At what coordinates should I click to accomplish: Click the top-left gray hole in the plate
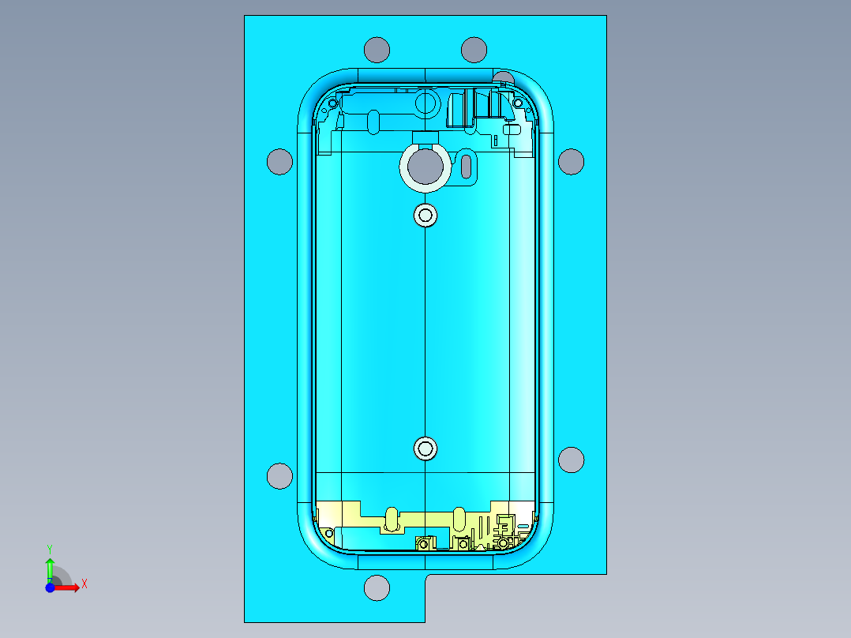pos(377,50)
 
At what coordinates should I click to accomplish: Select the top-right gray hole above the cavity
pos(474,50)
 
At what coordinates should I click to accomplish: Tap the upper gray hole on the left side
pos(279,161)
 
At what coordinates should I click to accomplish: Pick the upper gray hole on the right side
pos(571,161)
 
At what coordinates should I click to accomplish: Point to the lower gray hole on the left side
pos(280,476)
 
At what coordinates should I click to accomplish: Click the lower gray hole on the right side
pos(571,460)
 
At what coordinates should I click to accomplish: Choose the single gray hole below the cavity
pos(377,587)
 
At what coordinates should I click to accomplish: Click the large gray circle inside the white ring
pos(425,166)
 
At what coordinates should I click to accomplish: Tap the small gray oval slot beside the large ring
pos(467,166)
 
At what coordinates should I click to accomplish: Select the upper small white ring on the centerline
pos(425,215)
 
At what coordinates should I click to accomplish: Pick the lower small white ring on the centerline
pos(425,448)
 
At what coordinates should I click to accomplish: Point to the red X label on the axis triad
pos(84,584)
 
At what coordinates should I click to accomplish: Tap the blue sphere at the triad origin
pos(50,587)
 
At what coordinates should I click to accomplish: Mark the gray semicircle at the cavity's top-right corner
pos(503,77)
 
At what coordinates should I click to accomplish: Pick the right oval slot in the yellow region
pos(459,519)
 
